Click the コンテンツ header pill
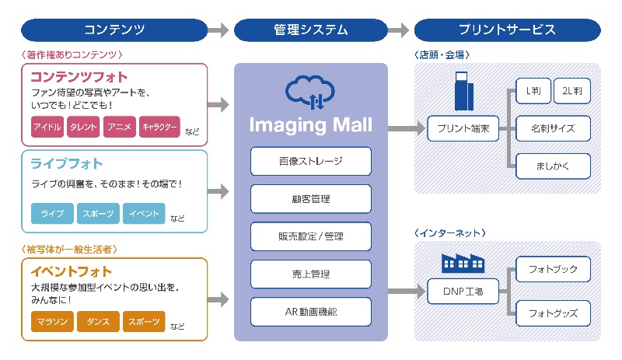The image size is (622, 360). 114,30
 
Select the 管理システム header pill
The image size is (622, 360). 311,30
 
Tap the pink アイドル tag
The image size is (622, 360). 47,126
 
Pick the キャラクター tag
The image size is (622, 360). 159,126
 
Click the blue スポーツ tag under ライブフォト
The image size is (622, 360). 99,213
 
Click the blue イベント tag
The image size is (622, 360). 144,213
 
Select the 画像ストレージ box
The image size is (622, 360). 311,161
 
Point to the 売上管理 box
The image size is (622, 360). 311,274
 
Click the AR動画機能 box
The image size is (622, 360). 311,311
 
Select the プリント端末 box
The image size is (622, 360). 463,128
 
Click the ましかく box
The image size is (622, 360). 553,166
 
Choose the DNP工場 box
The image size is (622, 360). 463,292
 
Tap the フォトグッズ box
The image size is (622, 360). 553,313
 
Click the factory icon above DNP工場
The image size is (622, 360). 463,262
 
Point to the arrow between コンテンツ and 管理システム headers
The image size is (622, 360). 220,30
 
